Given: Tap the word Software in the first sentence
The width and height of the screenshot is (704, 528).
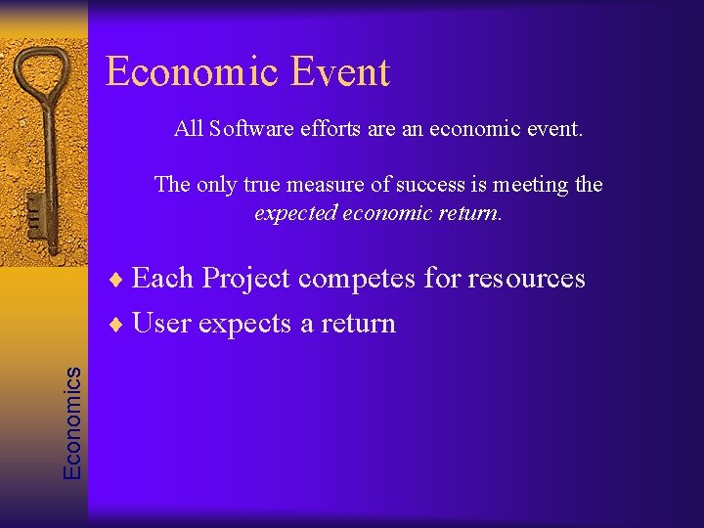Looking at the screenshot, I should point(248,129).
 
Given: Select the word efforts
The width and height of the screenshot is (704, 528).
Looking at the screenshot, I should point(329,129).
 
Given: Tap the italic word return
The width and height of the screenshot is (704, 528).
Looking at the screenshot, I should point(470,212).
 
